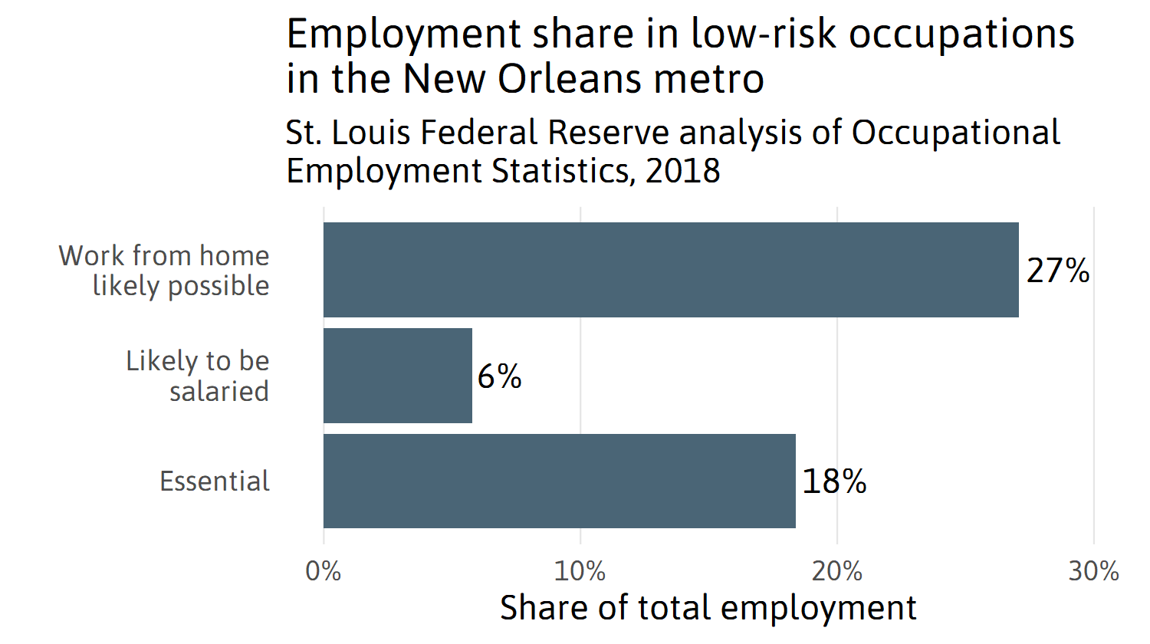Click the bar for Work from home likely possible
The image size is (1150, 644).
coord(671,270)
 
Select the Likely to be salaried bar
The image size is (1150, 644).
coord(398,376)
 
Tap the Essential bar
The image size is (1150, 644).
coord(560,481)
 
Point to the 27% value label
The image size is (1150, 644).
coord(1058,271)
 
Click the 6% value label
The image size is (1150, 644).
coord(499,376)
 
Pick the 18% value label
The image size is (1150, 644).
coord(834,481)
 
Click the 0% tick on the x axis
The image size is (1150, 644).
coord(324,571)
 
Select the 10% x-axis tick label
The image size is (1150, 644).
coord(580,571)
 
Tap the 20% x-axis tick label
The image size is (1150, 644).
coord(837,571)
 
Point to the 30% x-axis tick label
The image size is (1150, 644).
coord(1094,571)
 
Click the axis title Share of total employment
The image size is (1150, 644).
coord(708,608)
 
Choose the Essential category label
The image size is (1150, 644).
coord(215,481)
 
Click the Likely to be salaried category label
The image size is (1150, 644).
coord(198,376)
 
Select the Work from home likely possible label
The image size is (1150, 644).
coord(165,270)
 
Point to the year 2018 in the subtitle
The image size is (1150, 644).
coord(683,170)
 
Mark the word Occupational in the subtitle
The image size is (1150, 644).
coord(956,133)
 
